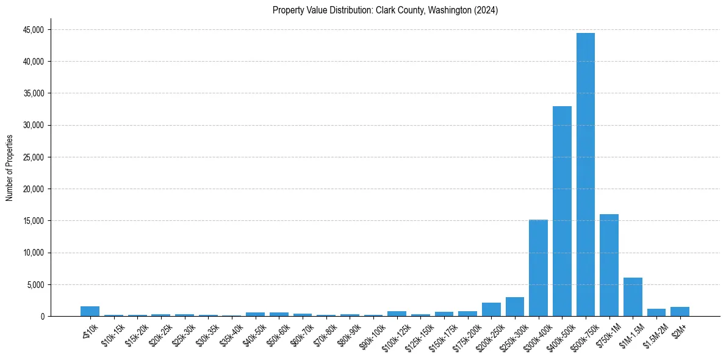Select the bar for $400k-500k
click(562, 211)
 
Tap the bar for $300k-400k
click(538, 268)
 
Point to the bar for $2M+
click(680, 312)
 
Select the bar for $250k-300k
click(514, 307)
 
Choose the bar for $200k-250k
click(491, 309)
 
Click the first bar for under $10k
click(90, 311)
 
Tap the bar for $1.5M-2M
click(656, 312)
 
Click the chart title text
click(386, 10)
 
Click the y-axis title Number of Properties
click(10, 167)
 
